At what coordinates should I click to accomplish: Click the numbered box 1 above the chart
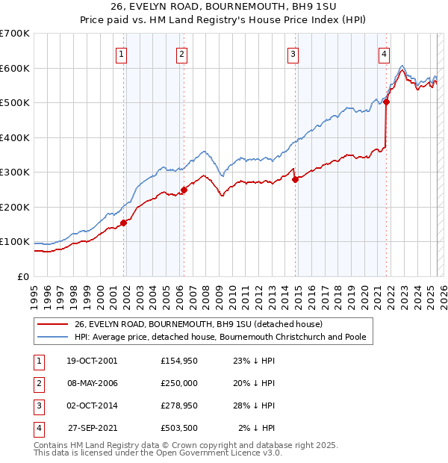121,54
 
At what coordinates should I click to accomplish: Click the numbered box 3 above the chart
293,54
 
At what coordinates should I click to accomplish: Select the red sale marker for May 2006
184,190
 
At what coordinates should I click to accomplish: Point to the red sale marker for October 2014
295,179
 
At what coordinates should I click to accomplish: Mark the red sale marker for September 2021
387,102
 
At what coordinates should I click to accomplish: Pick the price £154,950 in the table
179,361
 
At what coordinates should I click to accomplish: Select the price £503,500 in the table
179,428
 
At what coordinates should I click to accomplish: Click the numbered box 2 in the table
38,383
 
